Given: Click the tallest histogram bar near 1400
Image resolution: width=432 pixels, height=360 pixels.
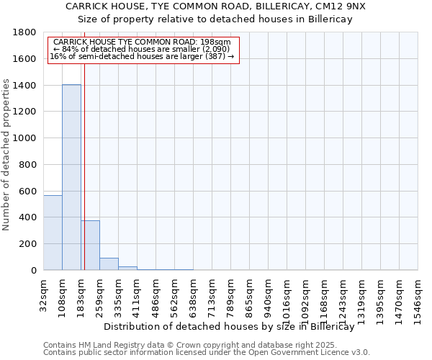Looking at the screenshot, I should point(71,177).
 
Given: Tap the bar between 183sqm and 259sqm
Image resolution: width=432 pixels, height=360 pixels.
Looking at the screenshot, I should point(90,246).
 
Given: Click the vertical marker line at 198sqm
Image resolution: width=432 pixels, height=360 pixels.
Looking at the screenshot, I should point(84,144).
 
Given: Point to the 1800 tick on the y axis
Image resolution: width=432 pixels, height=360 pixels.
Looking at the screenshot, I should point(25,32).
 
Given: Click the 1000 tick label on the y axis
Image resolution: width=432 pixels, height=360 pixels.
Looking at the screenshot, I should point(25,138).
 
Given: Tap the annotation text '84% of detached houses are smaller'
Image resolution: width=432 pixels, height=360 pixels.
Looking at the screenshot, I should point(141,49).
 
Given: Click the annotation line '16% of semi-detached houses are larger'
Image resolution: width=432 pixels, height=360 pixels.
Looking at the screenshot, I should point(142,56).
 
